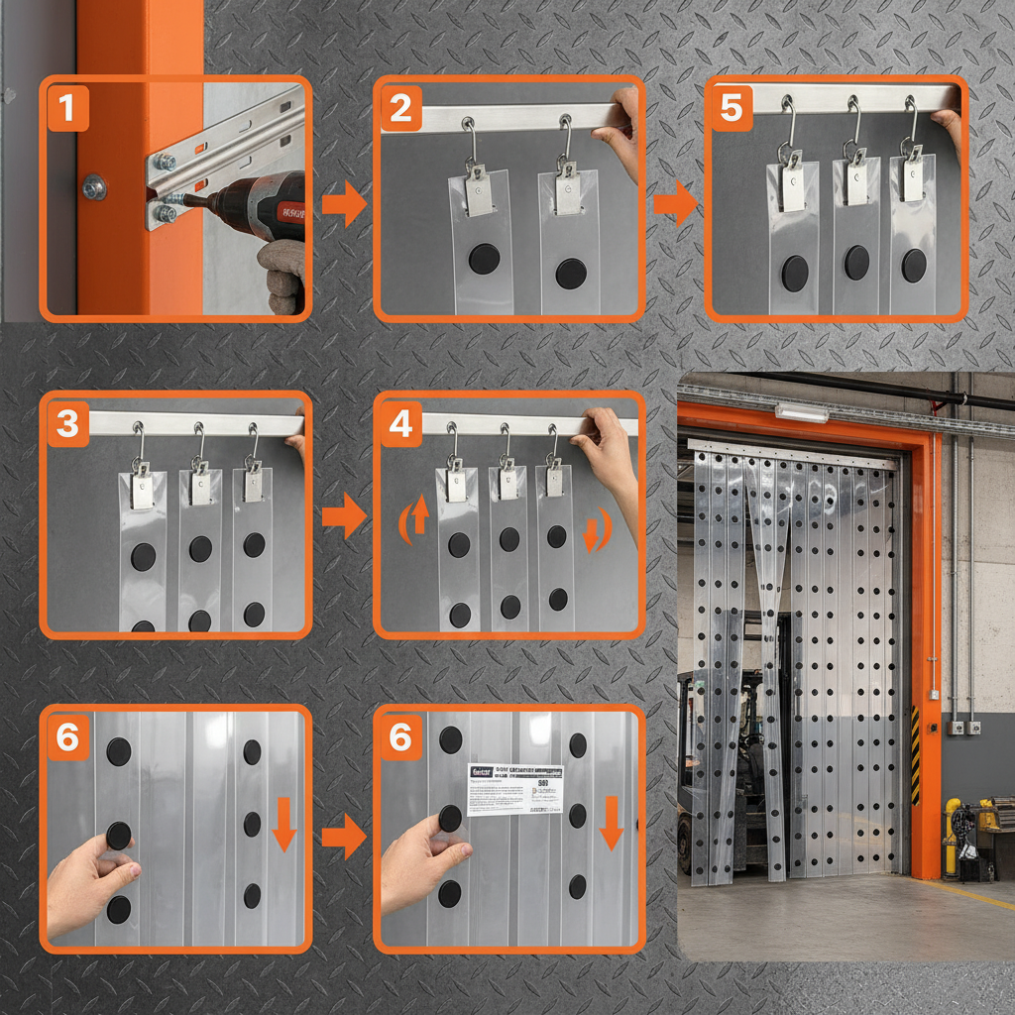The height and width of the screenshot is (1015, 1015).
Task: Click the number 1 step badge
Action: (x=66, y=109)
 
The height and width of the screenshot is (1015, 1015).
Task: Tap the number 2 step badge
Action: (x=399, y=109)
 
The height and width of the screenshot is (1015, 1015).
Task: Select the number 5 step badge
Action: (x=731, y=109)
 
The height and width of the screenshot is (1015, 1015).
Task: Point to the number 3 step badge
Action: (x=66, y=423)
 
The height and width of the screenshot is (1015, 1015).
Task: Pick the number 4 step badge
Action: (x=399, y=423)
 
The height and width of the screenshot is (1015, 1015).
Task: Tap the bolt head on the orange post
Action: (x=94, y=186)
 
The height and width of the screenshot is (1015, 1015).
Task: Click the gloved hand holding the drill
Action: (x=281, y=275)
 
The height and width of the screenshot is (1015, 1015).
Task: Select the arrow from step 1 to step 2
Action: (x=344, y=205)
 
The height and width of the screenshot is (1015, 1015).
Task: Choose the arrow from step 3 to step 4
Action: (x=344, y=516)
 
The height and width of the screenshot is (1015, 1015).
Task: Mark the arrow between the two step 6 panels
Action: (x=344, y=838)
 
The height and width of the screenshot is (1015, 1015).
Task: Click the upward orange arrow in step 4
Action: (x=417, y=516)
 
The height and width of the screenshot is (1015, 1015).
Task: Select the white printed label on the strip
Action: (x=514, y=790)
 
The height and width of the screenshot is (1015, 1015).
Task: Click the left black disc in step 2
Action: (x=484, y=260)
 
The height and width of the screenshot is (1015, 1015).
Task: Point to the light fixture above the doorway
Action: (x=801, y=412)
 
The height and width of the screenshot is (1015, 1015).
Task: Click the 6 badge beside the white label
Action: (x=399, y=738)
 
